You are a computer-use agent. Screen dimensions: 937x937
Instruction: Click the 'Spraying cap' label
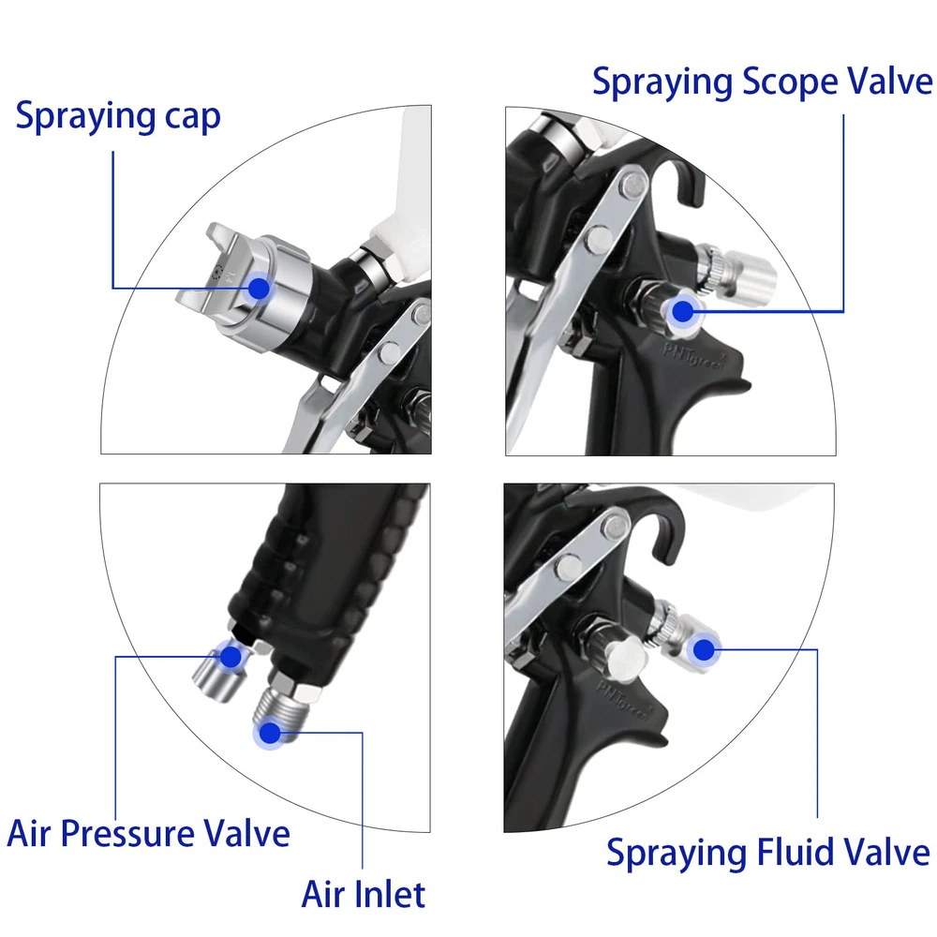click(x=118, y=116)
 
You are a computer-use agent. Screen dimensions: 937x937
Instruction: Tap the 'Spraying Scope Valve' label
click(x=763, y=82)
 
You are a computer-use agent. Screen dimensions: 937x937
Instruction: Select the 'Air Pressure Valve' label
click(x=148, y=833)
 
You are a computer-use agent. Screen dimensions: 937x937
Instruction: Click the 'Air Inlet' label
click(x=364, y=894)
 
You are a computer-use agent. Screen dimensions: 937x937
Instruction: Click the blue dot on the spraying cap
click(x=259, y=289)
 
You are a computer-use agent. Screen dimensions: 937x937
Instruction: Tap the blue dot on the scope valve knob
click(x=682, y=311)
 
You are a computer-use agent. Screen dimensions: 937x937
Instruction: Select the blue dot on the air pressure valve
click(x=231, y=657)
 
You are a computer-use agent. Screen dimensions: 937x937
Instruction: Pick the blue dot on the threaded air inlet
click(x=270, y=733)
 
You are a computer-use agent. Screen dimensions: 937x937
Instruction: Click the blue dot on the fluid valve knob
click(x=704, y=649)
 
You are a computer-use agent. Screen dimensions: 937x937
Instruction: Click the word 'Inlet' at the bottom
click(x=389, y=894)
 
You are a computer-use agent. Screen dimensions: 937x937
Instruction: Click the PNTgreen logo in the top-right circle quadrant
click(x=694, y=355)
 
